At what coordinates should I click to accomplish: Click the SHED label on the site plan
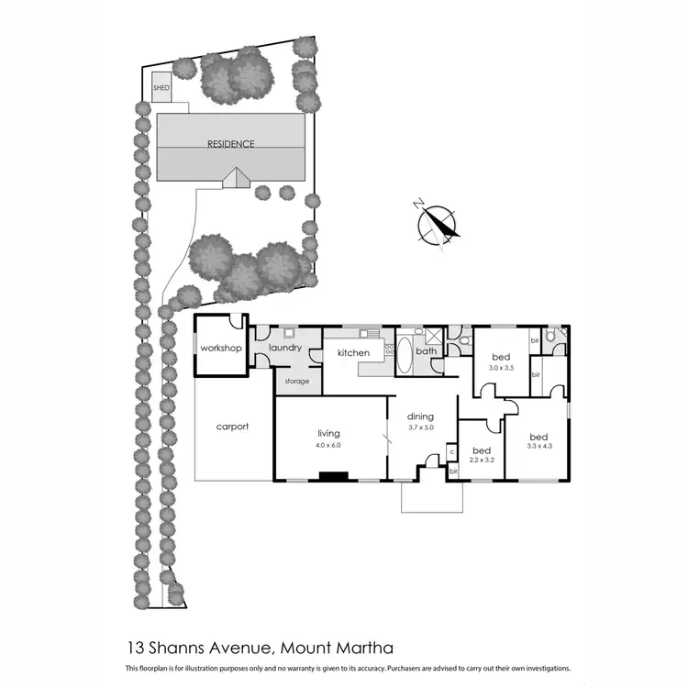click(162, 88)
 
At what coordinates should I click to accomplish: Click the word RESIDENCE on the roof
click(230, 144)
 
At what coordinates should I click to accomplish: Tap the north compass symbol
click(436, 223)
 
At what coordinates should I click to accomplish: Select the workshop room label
click(220, 349)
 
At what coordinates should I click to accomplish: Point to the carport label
click(232, 427)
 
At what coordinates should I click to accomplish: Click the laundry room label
click(284, 348)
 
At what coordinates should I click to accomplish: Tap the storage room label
click(296, 381)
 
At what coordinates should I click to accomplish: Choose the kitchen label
click(353, 352)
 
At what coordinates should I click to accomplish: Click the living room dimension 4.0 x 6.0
click(328, 446)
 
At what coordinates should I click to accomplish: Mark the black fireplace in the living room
click(333, 476)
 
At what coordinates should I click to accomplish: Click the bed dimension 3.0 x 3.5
click(500, 369)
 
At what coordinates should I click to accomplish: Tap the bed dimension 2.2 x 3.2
click(481, 461)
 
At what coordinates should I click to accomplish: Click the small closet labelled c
click(451, 451)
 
